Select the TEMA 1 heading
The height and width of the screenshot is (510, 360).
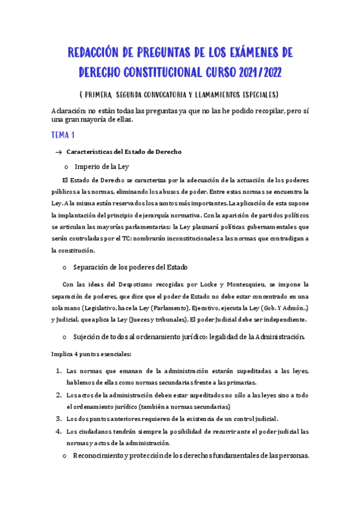tap(64, 135)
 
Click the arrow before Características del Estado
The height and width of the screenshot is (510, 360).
tap(58, 152)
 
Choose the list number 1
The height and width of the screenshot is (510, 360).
tap(59, 371)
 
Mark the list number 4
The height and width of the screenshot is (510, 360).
tap(59, 431)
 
